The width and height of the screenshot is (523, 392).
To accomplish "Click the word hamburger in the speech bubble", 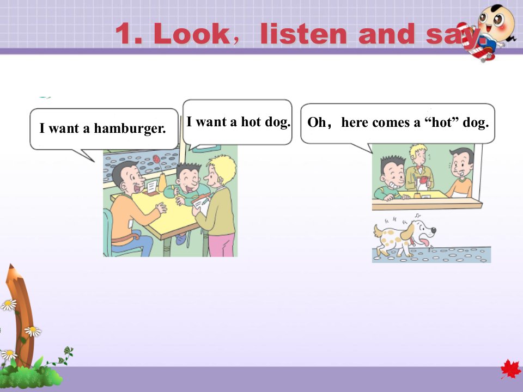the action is pos(130,128).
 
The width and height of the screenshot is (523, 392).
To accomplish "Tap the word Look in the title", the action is pos(191,34).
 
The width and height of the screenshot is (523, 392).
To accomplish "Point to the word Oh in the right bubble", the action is pos(317,122).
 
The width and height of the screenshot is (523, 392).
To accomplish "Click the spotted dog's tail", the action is pos(377,231).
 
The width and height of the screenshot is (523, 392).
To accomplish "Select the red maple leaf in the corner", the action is pos(510,369).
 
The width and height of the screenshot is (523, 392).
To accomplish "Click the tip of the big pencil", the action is pos(11,265).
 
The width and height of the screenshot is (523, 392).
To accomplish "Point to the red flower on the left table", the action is pos(156,159).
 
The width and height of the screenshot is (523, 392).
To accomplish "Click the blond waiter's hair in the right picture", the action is pos(418,150).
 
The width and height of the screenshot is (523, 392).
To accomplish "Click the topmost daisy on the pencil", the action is pos(9,305).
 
